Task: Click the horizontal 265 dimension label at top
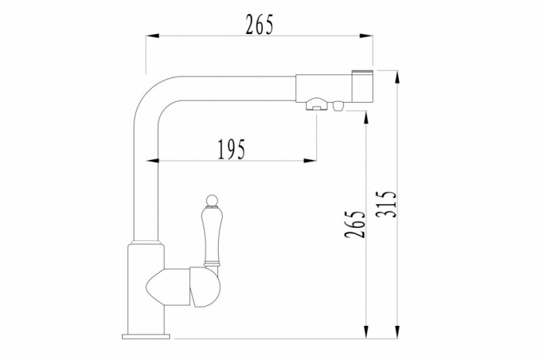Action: pyautogui.click(x=260, y=25)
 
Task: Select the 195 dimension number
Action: pyautogui.click(x=232, y=149)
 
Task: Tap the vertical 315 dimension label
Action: pyautogui.click(x=386, y=204)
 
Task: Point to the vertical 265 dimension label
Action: pyautogui.click(x=355, y=224)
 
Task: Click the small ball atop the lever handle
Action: pyautogui.click(x=212, y=200)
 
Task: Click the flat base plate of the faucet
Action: pyautogui.click(x=146, y=336)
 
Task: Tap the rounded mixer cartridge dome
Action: pyautogui.click(x=206, y=287)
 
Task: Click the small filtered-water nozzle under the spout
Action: pyautogui.click(x=339, y=106)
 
